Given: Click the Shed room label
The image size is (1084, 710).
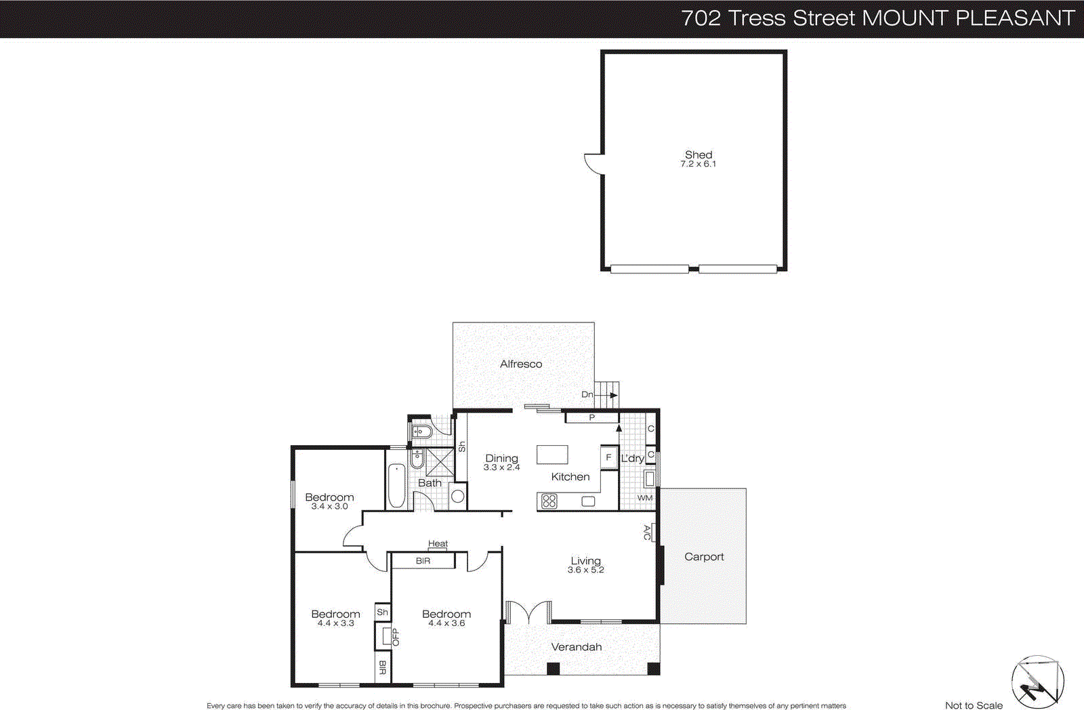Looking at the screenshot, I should tap(699, 155).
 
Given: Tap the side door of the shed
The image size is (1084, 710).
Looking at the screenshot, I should tap(594, 163).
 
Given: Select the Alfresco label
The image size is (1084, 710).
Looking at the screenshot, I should tap(521, 364).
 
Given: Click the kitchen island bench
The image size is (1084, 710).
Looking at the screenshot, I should tap(552, 455).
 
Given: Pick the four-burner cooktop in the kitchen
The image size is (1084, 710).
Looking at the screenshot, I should tap(549, 501).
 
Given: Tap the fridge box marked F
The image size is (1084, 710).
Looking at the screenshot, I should tap(608, 457).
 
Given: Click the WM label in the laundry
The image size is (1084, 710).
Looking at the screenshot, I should tap(645, 498).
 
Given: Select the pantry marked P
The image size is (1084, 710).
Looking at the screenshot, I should tap(591, 417).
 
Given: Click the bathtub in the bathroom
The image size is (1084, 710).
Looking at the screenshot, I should tap(396, 485).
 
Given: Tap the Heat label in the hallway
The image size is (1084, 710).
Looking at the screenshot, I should tap(438, 543).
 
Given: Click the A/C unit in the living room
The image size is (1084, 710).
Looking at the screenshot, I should tap(648, 532).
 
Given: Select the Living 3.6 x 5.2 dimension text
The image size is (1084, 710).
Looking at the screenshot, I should tap(586, 570).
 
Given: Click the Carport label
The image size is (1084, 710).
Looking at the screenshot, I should tap(704, 556).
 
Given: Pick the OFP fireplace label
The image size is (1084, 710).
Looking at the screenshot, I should tap(396, 637).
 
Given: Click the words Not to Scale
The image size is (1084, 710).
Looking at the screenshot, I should tap(974, 705).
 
